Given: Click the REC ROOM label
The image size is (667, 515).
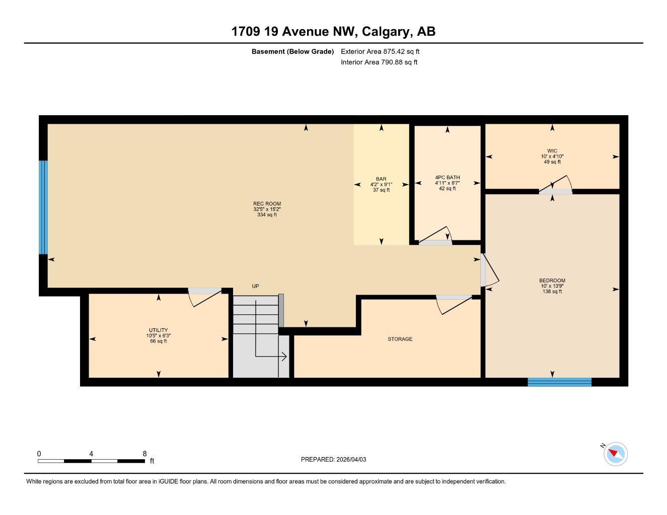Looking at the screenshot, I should pos(267,204).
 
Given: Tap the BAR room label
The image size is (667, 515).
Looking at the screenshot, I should pos(381,179).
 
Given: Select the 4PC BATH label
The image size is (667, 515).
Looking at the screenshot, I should pos(447,178).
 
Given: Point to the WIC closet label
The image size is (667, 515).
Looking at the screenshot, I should pos(552,151).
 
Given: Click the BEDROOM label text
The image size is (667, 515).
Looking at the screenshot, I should pos(552,281).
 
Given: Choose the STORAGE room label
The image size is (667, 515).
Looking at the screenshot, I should pos(400,339).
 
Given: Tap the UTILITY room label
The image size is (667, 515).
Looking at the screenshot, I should pos(158,330).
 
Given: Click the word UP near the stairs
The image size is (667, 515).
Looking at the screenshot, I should pos(255,286).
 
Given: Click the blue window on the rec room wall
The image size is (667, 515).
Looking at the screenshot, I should pos(43,207).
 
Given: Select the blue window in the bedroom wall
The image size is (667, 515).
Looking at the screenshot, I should pos(559,382).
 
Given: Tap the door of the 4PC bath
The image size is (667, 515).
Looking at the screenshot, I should pos(436,237).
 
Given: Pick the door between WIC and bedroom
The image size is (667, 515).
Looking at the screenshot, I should pos(555,186).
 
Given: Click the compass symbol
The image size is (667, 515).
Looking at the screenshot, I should pos(615,454).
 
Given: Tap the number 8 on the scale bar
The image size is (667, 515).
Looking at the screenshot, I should pos(144,454).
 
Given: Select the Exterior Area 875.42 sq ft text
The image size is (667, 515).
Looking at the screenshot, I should pos(380,51).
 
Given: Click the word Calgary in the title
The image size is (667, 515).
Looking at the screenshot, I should pos(385,32).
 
